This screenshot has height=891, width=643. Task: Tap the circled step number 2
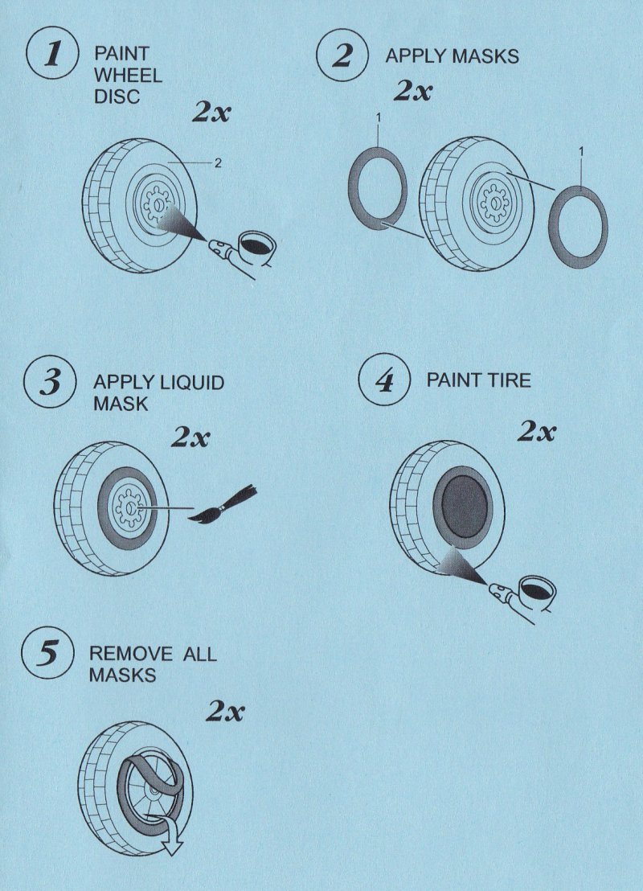343,56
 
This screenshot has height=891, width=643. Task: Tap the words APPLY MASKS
452,56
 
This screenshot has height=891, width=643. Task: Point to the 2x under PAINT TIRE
536,432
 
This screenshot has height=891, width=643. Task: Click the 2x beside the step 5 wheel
225,711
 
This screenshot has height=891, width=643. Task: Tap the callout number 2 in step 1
217,163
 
